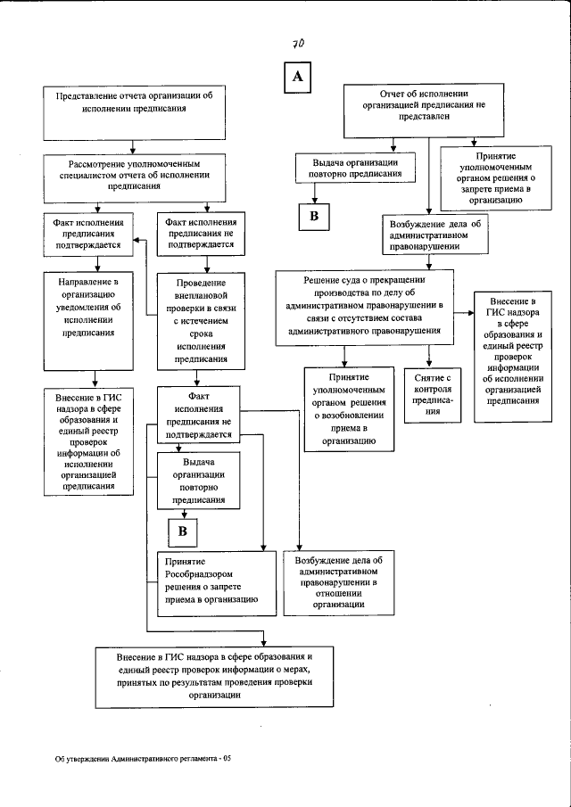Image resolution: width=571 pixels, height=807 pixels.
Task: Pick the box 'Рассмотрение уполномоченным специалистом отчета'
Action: point(133,175)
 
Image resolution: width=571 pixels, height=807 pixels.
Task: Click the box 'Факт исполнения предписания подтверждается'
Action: point(87,232)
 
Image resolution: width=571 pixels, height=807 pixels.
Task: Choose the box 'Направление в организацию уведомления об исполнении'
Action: point(87,308)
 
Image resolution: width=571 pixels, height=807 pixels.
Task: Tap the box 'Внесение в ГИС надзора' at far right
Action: point(513,350)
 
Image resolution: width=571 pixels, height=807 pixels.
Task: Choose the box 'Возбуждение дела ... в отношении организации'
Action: point(327,582)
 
